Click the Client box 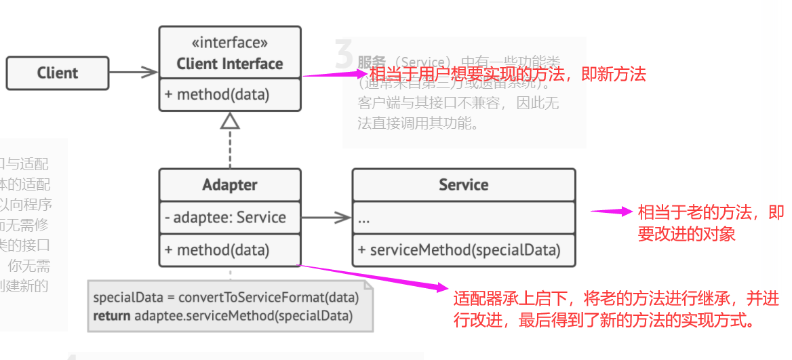click(x=58, y=73)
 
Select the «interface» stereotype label click(x=230, y=43)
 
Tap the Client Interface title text click(x=230, y=64)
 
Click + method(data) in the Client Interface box click(x=217, y=95)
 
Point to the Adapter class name click(x=230, y=184)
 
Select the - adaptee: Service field click(x=225, y=218)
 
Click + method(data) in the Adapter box click(x=217, y=250)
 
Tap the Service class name click(x=464, y=184)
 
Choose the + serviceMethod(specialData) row click(x=459, y=250)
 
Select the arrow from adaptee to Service click(x=326, y=218)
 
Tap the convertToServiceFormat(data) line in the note click(x=226, y=298)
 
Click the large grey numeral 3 click(x=344, y=54)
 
